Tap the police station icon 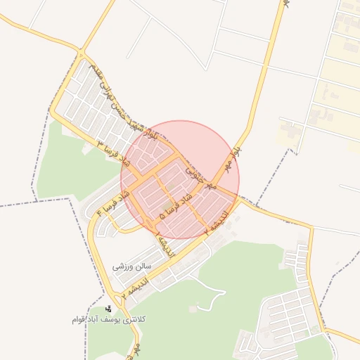point(108,309)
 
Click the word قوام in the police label point(79,320)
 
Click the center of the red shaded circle point(180,179)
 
